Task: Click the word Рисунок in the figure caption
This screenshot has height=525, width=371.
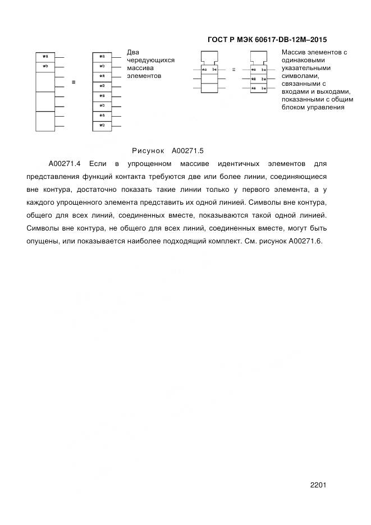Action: [148, 150]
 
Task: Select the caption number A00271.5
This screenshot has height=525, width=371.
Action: [187, 150]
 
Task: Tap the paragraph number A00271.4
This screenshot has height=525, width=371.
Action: [66, 164]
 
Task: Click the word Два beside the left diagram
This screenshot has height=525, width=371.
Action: [133, 52]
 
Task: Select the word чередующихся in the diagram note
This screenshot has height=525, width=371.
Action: [151, 59]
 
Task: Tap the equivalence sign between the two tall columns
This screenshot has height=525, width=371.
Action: [74, 82]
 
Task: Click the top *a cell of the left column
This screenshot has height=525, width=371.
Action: [45, 57]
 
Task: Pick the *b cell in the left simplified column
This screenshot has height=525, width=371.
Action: [45, 66]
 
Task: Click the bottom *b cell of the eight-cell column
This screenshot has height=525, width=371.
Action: [102, 125]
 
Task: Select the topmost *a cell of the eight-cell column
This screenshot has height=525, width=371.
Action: [102, 57]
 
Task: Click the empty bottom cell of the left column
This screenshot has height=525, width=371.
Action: [45, 121]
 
